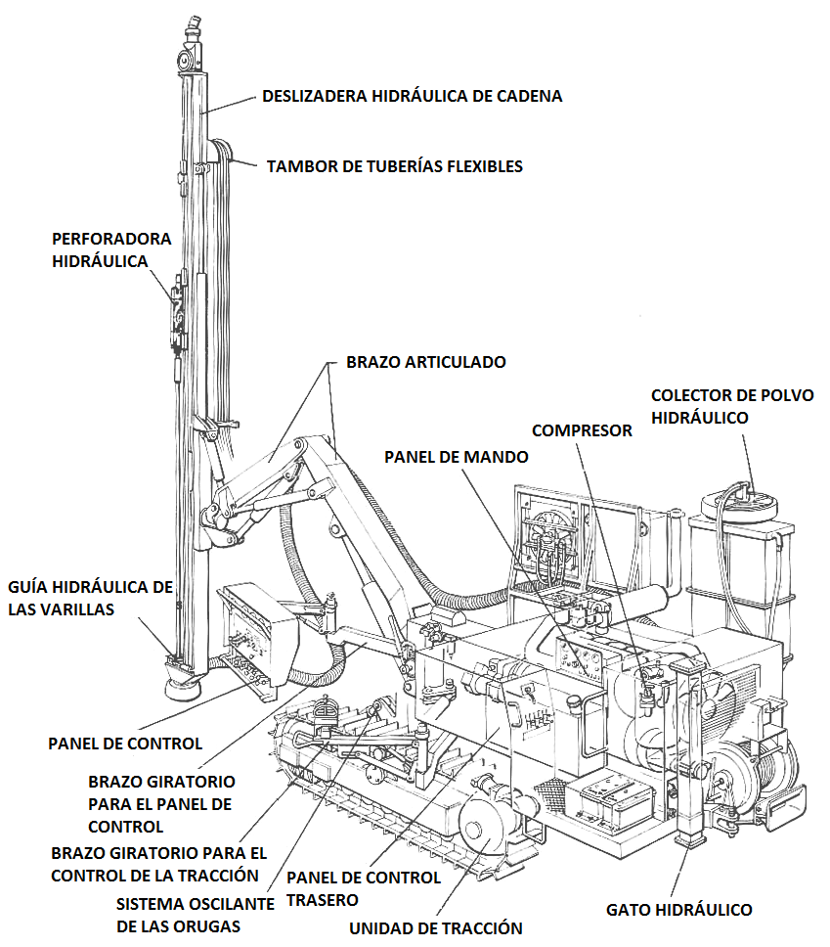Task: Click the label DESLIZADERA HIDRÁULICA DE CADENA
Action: tap(412, 96)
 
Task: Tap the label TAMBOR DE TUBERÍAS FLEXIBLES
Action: tap(395, 166)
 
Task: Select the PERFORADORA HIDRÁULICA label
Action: tap(111, 250)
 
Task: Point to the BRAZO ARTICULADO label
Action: tap(425, 362)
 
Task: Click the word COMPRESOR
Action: tap(582, 430)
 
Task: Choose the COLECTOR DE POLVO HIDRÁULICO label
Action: tap(732, 406)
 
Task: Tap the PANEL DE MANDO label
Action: tap(457, 457)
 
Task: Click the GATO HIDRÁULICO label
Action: tap(679, 910)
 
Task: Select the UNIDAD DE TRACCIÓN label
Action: tap(436, 928)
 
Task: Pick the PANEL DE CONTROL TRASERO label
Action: tap(364, 889)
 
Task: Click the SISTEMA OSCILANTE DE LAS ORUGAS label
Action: tap(195, 915)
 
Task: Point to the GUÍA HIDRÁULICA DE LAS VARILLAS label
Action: tap(91, 598)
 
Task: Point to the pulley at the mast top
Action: tap(184, 61)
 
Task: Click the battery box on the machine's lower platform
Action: tap(609, 798)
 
